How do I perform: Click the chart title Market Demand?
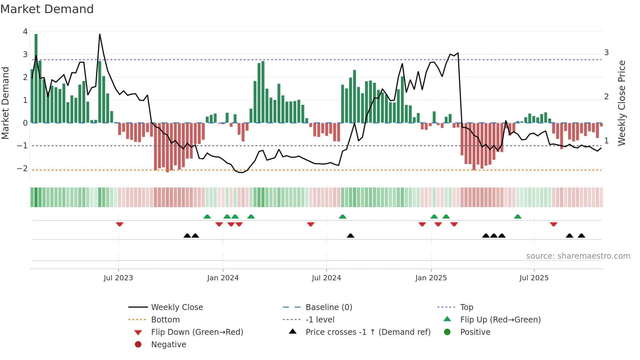(x=47, y=9)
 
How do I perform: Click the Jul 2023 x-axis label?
(x=118, y=278)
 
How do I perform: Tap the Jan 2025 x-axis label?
(x=431, y=278)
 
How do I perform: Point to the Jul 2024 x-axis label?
(x=326, y=278)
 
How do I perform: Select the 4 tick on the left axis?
(x=25, y=32)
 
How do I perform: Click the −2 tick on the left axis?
(x=23, y=169)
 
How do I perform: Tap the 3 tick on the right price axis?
(x=606, y=53)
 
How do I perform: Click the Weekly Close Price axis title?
(x=622, y=103)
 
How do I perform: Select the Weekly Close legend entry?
(x=177, y=307)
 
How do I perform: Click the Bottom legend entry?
(x=165, y=320)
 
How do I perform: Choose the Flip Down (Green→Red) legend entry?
(x=197, y=332)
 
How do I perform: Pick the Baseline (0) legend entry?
(x=328, y=307)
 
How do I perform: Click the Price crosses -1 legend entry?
(x=368, y=332)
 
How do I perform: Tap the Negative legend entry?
(x=168, y=345)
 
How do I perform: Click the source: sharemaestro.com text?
(x=578, y=256)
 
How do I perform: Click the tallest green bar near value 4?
(x=36, y=78)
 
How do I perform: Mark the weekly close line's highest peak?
(x=100, y=34)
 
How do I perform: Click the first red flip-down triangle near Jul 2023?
(x=120, y=224)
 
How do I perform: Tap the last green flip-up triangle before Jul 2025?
(x=518, y=217)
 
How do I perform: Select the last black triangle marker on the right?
(x=581, y=236)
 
